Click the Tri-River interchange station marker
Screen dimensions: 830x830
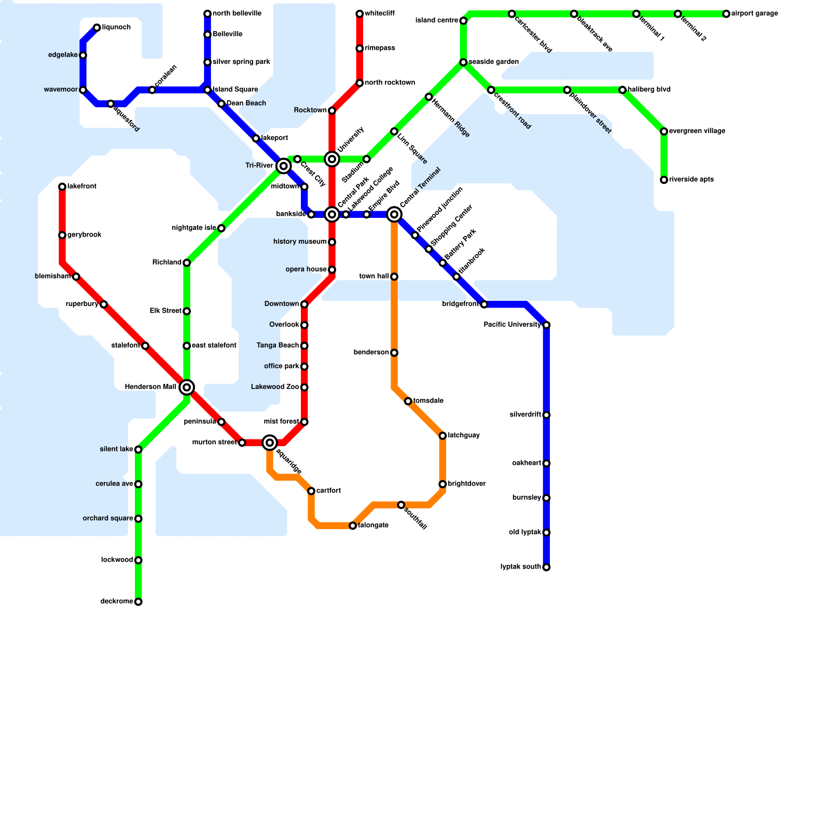click(x=283, y=166)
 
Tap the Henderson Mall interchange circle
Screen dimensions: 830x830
click(x=187, y=387)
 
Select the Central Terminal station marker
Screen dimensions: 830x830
click(x=394, y=214)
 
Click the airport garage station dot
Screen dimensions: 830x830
click(x=726, y=14)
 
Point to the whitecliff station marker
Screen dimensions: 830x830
click(x=359, y=13)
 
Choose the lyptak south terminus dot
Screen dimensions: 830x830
click(x=546, y=567)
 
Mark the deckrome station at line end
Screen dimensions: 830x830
click(x=138, y=602)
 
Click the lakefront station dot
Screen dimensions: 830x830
click(x=62, y=187)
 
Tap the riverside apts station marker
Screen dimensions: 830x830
click(x=664, y=180)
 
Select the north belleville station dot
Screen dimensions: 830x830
click(x=208, y=13)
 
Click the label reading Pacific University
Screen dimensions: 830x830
click(x=512, y=325)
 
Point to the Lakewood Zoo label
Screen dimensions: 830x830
click(x=275, y=387)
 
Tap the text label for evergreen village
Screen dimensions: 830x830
click(x=697, y=131)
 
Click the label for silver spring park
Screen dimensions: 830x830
click(x=241, y=62)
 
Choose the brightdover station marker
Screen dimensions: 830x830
click(x=442, y=484)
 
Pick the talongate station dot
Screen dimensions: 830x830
click(x=353, y=526)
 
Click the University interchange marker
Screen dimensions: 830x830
click(x=332, y=159)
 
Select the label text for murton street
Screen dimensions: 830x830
click(x=214, y=442)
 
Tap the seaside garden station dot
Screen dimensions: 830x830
click(x=463, y=62)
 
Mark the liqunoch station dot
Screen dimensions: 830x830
click(x=97, y=27)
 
